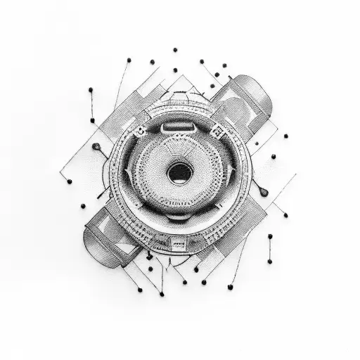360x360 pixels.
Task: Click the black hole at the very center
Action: tap(181, 172)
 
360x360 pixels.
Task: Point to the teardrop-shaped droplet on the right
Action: tap(262, 191)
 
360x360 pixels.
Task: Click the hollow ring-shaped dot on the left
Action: tap(96, 146)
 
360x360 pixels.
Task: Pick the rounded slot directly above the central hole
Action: tap(179, 128)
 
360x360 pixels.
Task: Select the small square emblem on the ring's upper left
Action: tap(140, 131)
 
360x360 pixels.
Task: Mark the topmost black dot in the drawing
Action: tap(174, 50)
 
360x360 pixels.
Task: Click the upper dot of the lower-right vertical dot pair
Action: tap(269, 237)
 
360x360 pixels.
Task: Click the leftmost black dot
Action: tap(69, 181)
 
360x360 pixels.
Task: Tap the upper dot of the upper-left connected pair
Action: tap(91, 89)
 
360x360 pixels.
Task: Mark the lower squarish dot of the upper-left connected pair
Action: tap(92, 120)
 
